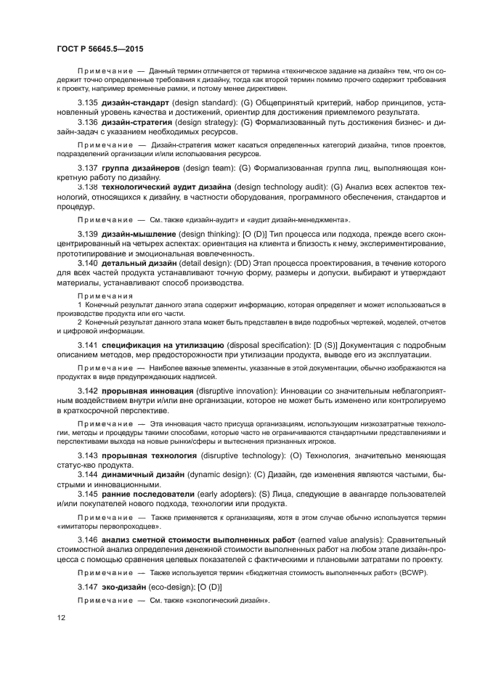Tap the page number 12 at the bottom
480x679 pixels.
(62, 618)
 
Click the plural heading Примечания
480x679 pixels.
(105, 296)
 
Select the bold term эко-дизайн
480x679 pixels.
(125, 587)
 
